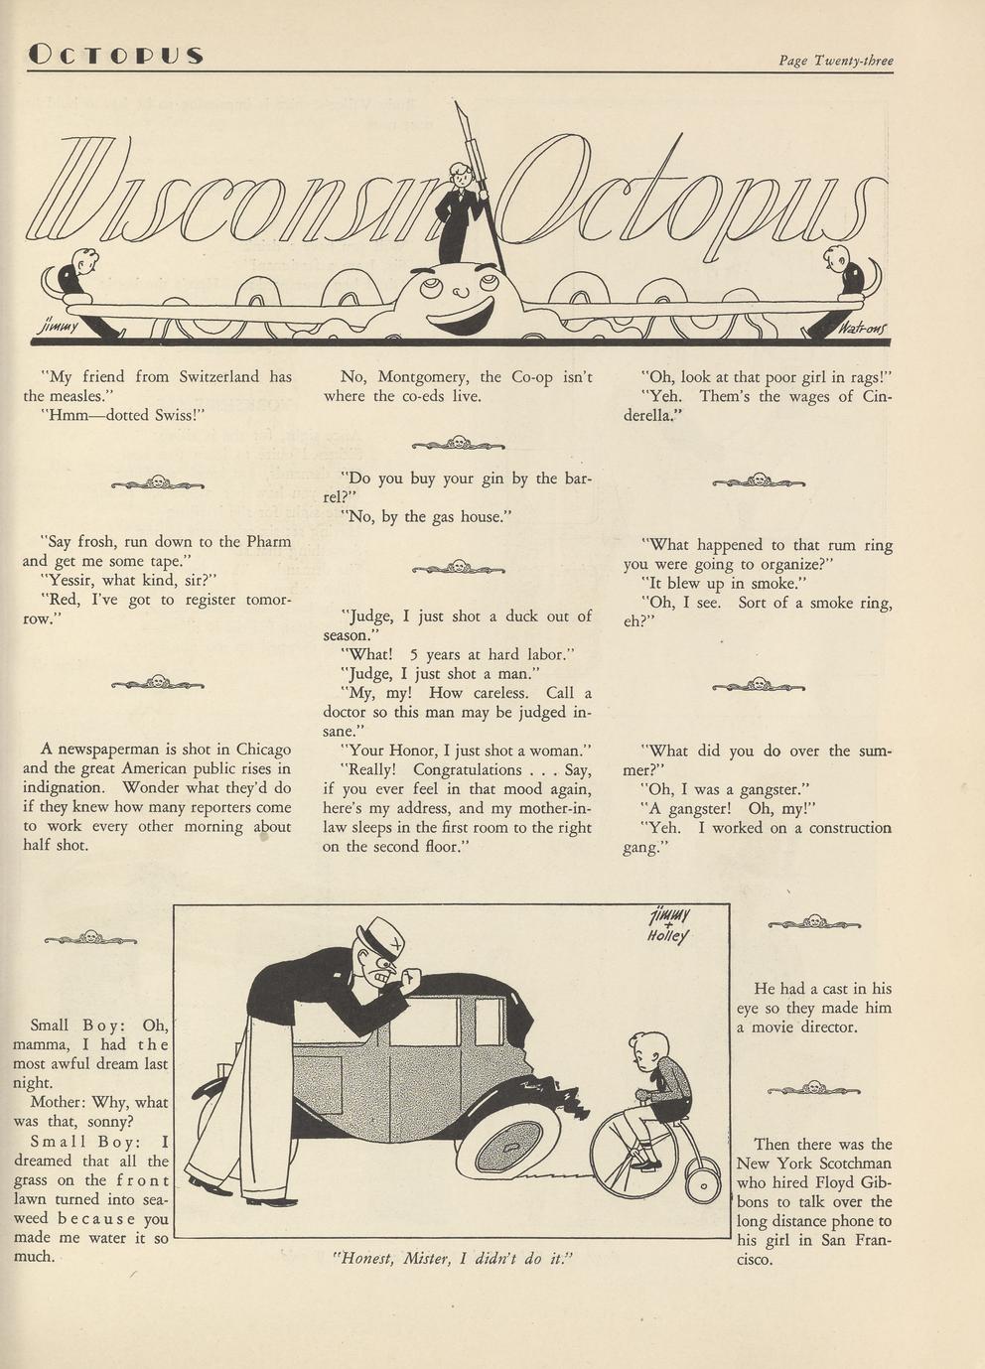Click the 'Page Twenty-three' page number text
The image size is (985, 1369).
(x=835, y=61)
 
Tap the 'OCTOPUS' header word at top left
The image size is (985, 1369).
(x=115, y=55)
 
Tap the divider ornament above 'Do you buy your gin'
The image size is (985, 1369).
(x=458, y=444)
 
